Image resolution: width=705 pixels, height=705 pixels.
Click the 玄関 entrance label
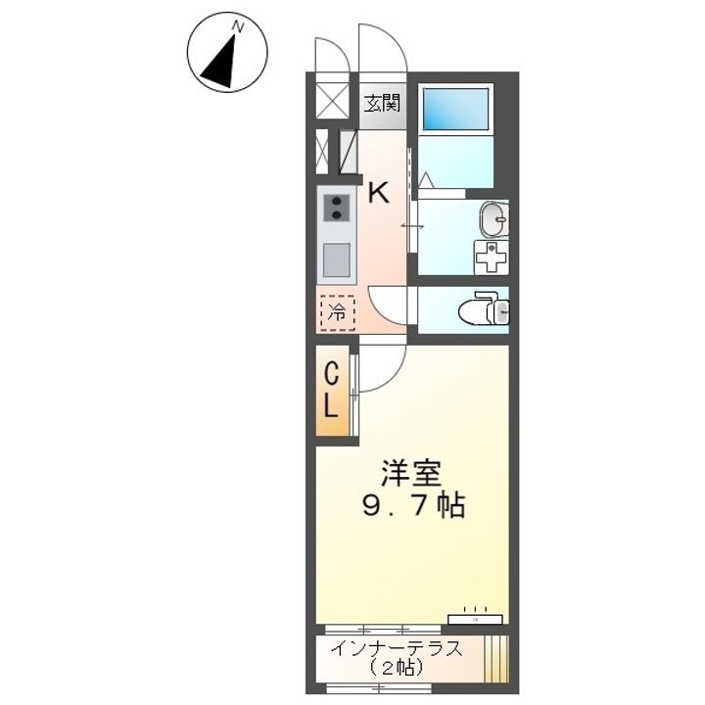click(x=382, y=104)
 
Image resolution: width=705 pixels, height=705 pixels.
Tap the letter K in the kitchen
click(x=379, y=193)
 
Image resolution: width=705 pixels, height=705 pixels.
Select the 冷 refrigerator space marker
click(x=337, y=313)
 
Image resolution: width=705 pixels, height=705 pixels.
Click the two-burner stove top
click(x=337, y=208)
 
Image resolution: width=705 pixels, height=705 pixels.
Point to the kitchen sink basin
click(x=336, y=259)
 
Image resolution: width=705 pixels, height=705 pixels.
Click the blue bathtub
click(x=456, y=110)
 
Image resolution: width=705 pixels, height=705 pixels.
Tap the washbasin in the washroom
click(x=494, y=219)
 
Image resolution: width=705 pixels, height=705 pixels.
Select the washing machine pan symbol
click(x=492, y=258)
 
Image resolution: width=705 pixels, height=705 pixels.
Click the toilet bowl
click(x=484, y=309)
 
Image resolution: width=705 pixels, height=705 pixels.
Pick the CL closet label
click(x=331, y=391)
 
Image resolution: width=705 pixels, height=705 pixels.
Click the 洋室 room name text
click(x=411, y=474)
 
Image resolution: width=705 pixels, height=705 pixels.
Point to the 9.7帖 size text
click(x=413, y=506)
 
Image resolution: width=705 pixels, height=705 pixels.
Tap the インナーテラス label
click(x=397, y=649)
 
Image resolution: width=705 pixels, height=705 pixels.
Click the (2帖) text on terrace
click(x=397, y=668)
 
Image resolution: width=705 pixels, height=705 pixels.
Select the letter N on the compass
click(x=237, y=27)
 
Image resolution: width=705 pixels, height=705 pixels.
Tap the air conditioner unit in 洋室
click(x=475, y=619)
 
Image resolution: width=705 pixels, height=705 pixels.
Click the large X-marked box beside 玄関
click(x=333, y=101)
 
